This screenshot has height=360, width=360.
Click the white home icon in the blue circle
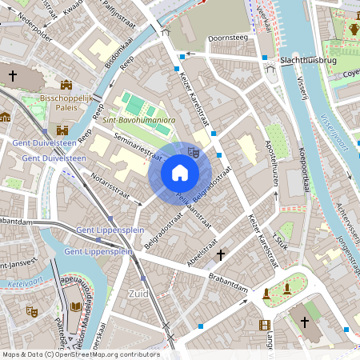point(180,173)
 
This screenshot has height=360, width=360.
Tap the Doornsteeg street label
point(226,38)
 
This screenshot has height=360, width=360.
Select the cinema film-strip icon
point(265,324)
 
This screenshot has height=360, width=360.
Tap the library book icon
point(76,306)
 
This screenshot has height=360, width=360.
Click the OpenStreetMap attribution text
point(80,354)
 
